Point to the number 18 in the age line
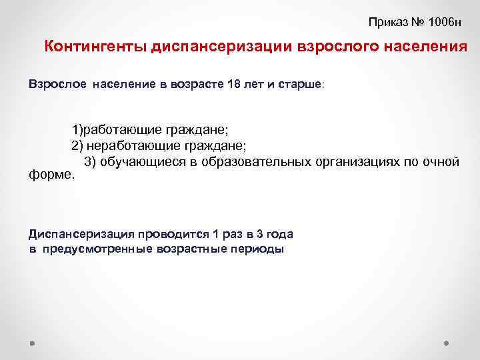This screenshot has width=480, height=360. click(215, 85)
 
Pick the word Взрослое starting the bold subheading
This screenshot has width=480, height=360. click(57, 85)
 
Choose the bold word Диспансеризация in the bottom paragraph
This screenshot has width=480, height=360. click(81, 234)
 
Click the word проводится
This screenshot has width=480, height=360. click(171, 234)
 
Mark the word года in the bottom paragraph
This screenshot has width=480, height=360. click(280, 234)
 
